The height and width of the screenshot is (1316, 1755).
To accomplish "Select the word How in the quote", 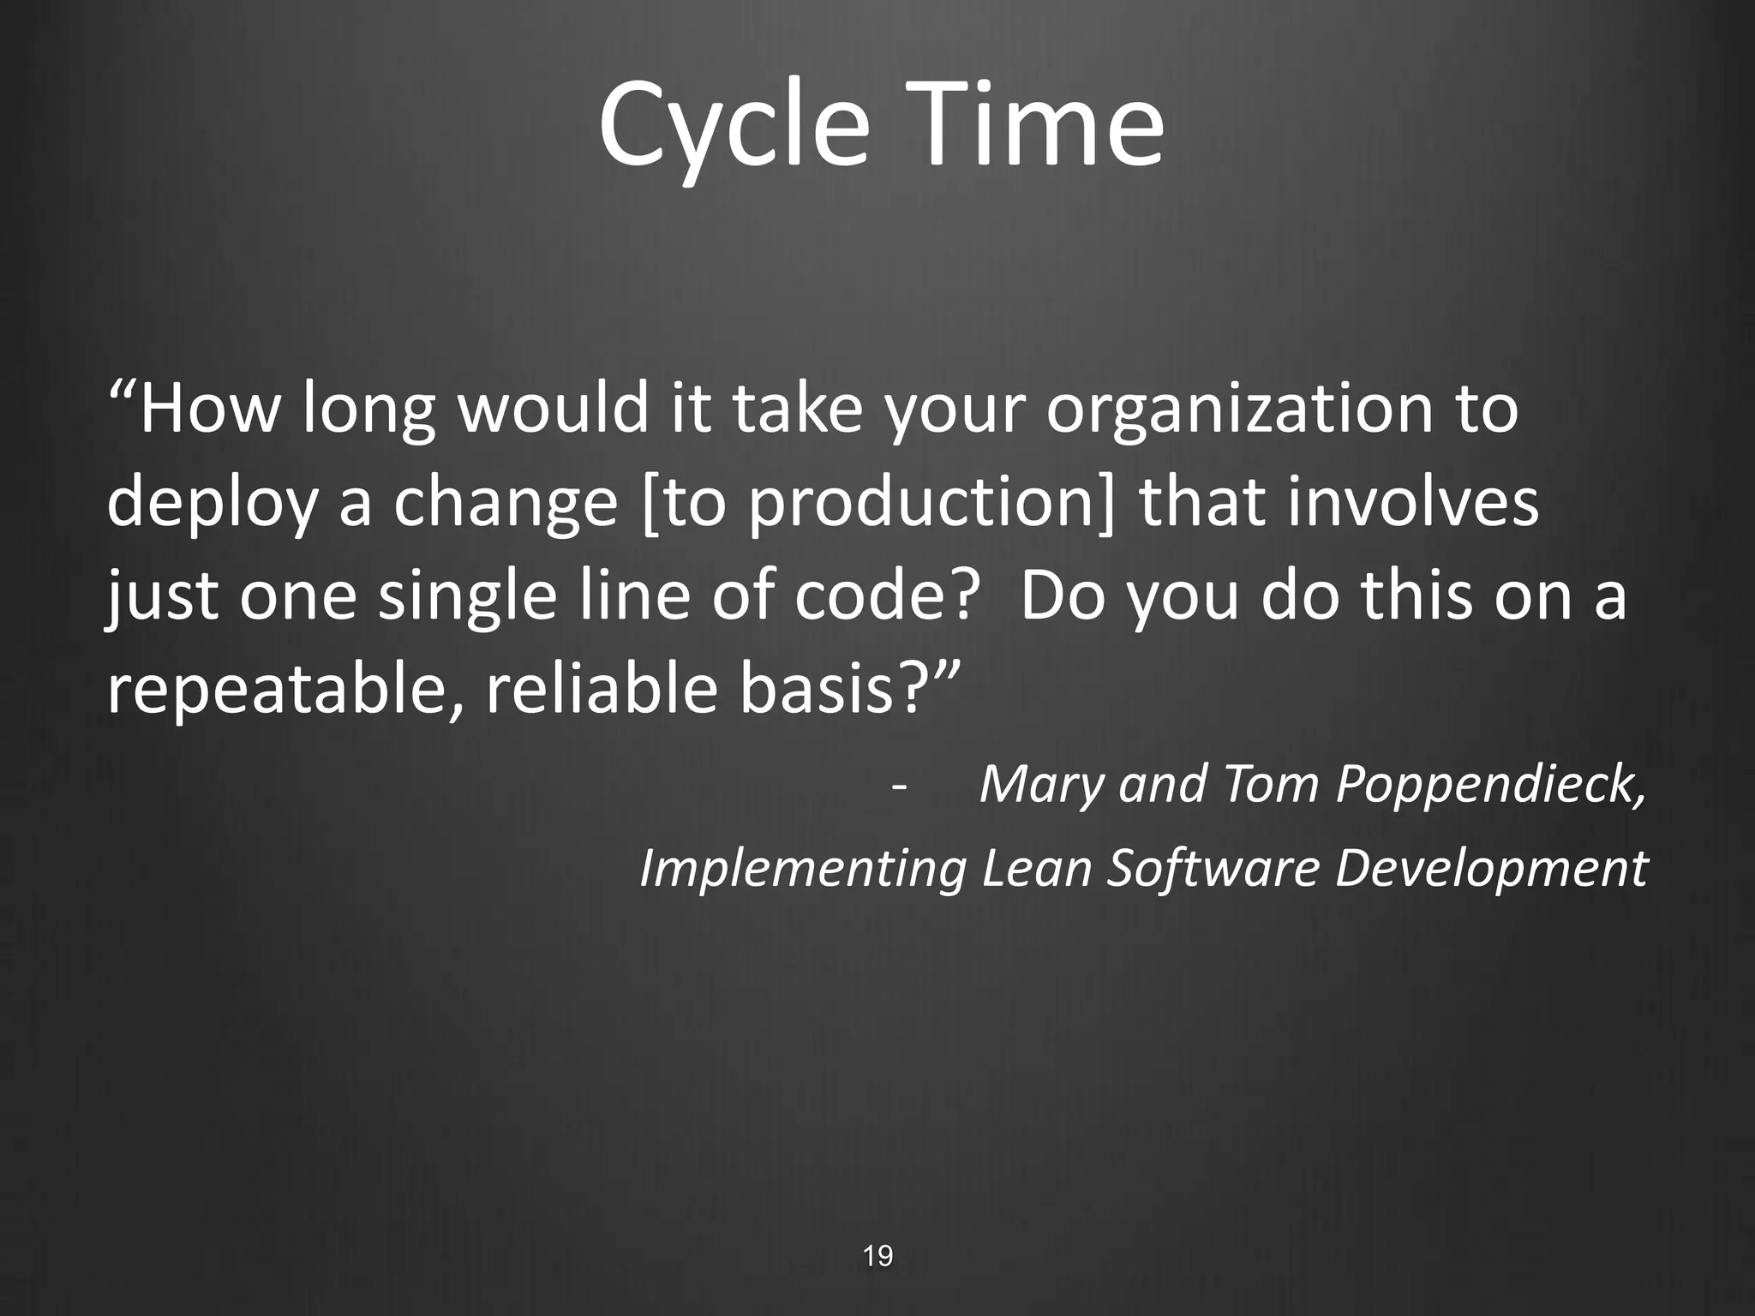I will click(x=210, y=410).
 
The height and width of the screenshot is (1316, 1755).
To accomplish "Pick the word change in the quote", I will click(x=506, y=504).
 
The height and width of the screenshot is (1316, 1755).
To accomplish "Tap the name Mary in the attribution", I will click(x=1042, y=784).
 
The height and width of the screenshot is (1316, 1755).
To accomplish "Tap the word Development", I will click(x=1491, y=870).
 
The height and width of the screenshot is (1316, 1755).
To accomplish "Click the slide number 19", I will click(x=877, y=1257).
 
